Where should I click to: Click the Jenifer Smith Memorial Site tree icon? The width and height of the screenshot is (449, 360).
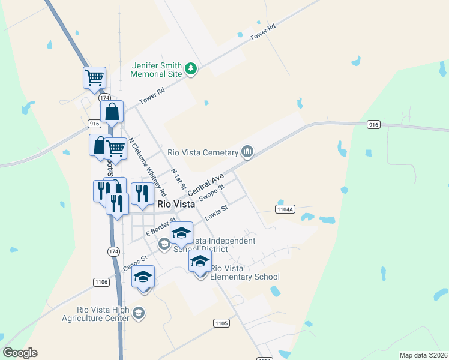click(191, 70)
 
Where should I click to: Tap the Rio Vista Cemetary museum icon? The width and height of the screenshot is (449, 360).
click(247, 152)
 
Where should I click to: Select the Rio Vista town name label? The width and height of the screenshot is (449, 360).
click(176, 204)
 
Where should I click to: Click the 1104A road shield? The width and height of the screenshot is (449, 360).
click(285, 209)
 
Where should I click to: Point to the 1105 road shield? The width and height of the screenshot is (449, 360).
click(221, 323)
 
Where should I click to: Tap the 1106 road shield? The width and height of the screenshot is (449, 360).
click(101, 282)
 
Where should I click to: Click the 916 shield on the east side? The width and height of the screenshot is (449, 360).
click(373, 124)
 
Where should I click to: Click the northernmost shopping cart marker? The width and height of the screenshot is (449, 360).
click(94, 77)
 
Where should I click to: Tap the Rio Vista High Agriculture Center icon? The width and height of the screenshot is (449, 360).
click(139, 313)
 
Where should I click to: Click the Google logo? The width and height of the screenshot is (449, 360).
click(20, 353)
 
